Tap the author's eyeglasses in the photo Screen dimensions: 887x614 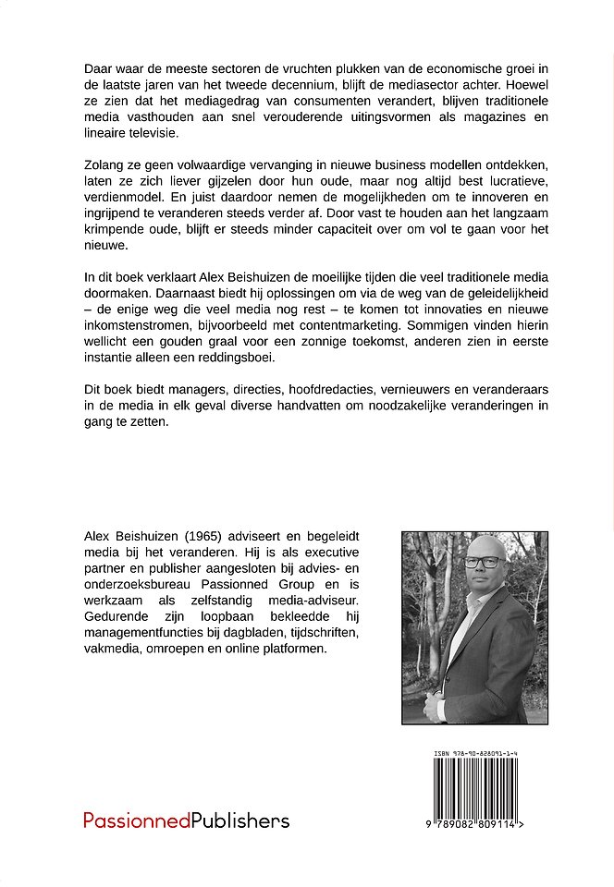click(481, 562)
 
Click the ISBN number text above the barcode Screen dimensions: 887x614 click(474, 755)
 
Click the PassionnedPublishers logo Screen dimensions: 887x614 click(186, 820)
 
